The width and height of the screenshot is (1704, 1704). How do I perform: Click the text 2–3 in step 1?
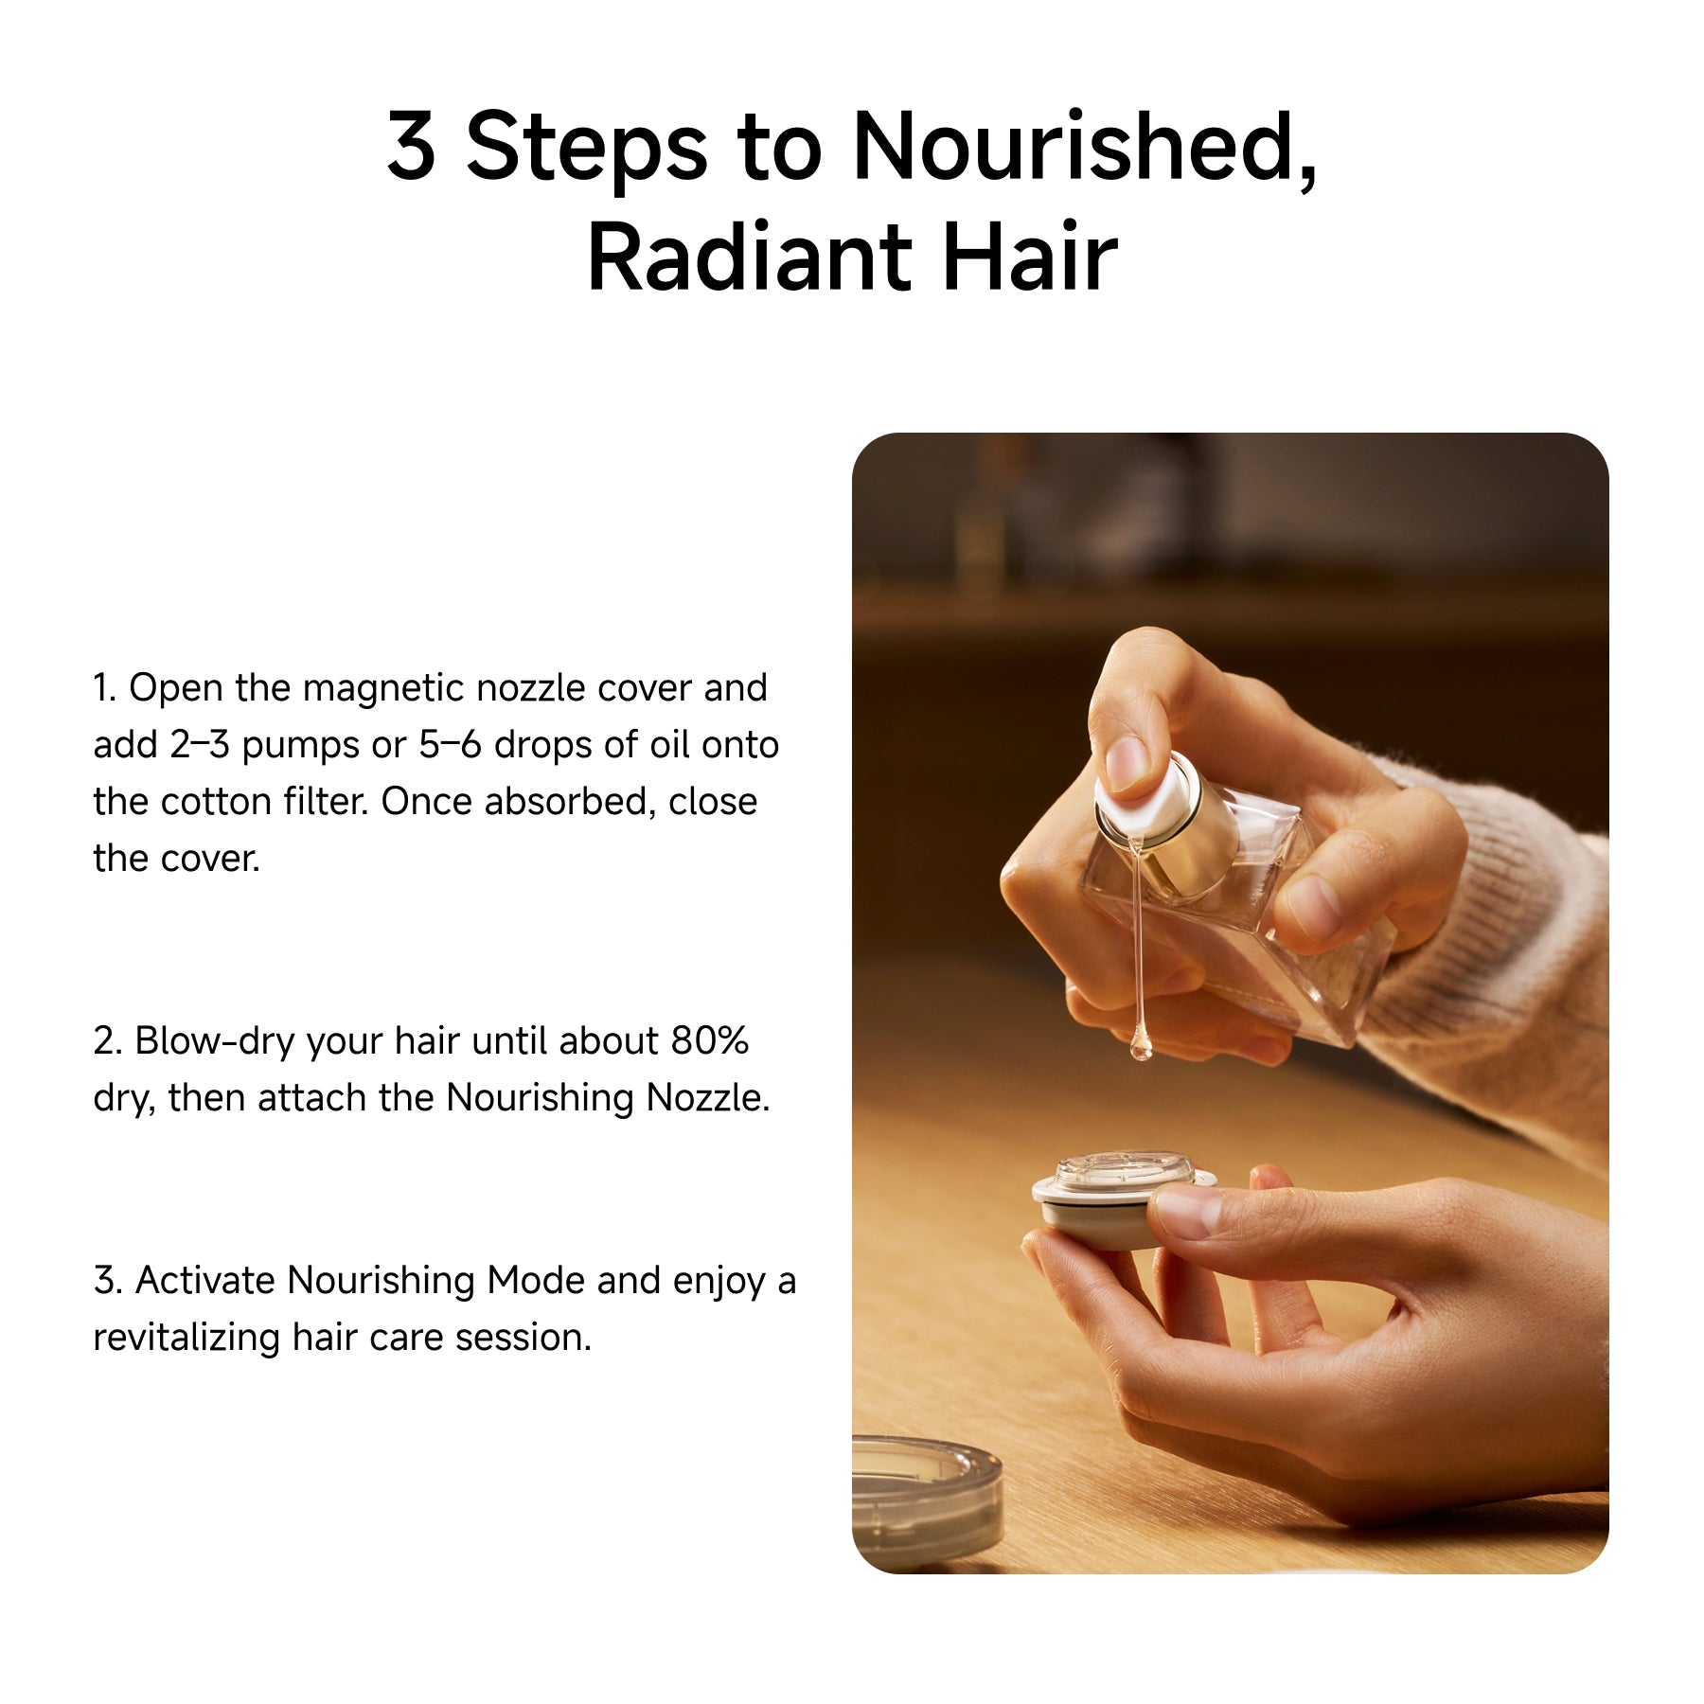tap(200, 745)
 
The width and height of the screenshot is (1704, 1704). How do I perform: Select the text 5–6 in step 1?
tap(451, 745)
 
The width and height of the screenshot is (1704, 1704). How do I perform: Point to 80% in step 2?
tap(710, 1041)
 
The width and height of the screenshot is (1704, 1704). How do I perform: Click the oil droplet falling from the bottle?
tap(1141, 1045)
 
